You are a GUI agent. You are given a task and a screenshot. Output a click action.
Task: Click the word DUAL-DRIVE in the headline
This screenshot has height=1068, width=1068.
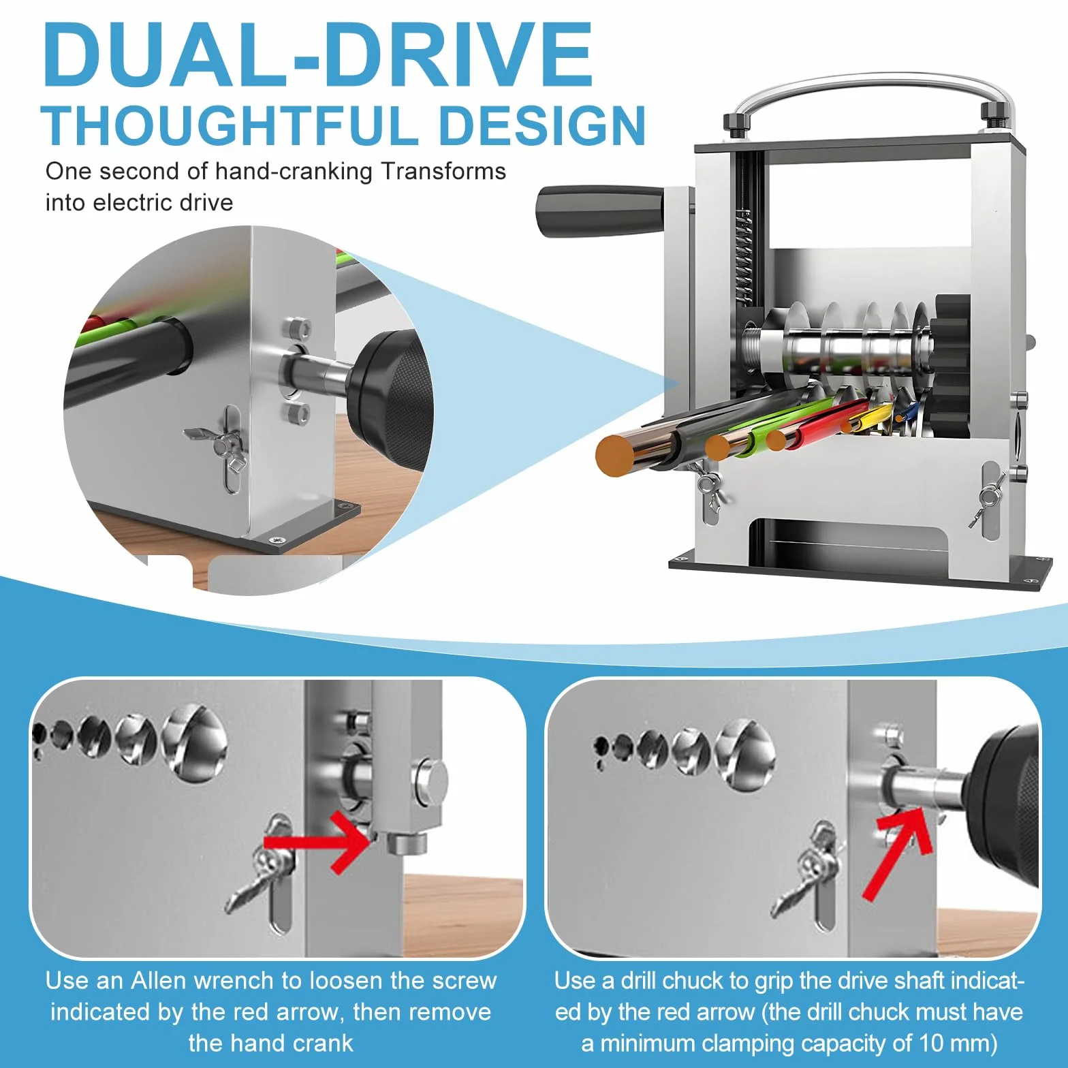[x=318, y=55]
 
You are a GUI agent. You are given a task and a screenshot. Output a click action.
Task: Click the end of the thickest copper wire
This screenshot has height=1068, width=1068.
[x=617, y=455]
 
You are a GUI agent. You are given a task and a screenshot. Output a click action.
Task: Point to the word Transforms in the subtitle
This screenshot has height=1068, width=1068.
[x=443, y=171]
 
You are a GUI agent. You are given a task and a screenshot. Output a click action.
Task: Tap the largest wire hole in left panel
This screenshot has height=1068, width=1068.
[x=193, y=742]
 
